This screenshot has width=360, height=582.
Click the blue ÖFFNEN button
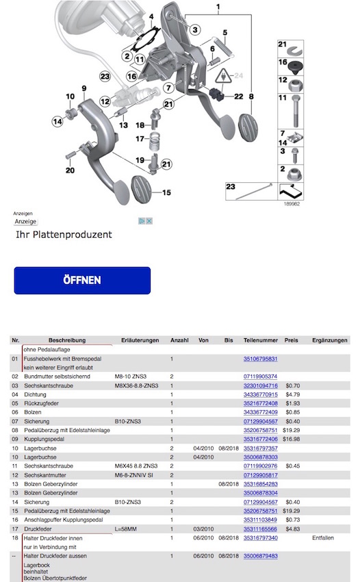pos(82,280)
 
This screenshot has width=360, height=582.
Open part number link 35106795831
pos(260,359)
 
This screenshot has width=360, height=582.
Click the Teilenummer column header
pos(261,340)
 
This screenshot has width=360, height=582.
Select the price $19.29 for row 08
pos(291,430)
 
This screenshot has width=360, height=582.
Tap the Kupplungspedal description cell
pos(44,439)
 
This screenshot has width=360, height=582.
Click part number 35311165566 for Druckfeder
pos(260,529)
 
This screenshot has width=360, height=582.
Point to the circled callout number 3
pos(195,29)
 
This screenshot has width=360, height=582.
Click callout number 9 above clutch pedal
pos(84,88)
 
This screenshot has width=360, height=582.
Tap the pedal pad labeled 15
pos(143,189)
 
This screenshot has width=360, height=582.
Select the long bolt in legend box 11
pos(296,111)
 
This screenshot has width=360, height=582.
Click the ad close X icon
pos(149,221)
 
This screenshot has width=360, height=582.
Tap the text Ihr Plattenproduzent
pos(64,235)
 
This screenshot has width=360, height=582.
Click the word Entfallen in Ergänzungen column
pos(323,537)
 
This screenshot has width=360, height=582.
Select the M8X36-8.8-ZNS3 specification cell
pos(137,385)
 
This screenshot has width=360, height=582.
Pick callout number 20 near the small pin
pos(70,170)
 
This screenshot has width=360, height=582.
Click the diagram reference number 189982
pos(292,204)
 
